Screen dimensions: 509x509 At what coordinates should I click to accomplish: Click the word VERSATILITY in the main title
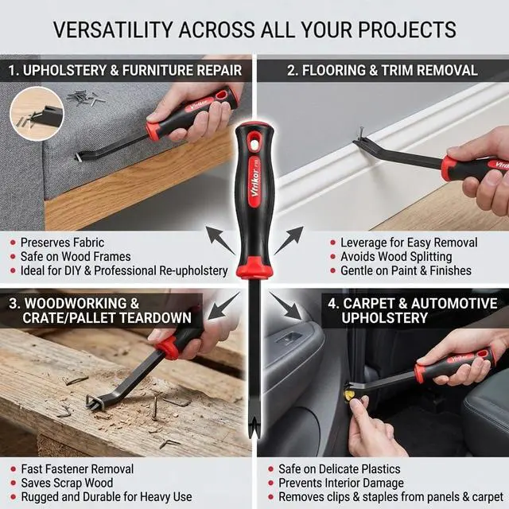[x=112, y=30]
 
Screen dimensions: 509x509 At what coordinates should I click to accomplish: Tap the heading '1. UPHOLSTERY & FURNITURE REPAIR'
[x=126, y=71]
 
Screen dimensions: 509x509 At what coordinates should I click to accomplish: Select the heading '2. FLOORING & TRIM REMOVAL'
[x=382, y=71]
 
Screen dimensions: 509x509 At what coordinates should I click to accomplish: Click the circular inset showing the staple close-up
[x=37, y=114]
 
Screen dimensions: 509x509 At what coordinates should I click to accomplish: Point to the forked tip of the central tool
[x=254, y=425]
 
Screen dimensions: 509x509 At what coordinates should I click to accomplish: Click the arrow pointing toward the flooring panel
[x=289, y=240]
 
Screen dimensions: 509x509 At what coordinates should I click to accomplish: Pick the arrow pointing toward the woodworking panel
[x=223, y=305]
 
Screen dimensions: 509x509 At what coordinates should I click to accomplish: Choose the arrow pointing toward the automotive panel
[x=285, y=305]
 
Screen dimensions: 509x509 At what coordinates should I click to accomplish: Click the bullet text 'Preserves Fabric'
[x=62, y=243]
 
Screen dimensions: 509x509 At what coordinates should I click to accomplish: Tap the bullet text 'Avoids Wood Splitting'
[x=396, y=257]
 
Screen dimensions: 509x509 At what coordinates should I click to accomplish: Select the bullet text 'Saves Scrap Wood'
[x=67, y=483]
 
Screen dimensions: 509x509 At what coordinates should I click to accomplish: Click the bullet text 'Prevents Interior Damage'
[x=341, y=483]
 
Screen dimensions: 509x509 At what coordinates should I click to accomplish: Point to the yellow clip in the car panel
[x=349, y=394]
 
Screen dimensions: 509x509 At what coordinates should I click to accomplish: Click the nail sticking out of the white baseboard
[x=360, y=134]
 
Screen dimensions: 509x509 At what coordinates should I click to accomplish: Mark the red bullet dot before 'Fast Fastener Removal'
[x=14, y=469]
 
